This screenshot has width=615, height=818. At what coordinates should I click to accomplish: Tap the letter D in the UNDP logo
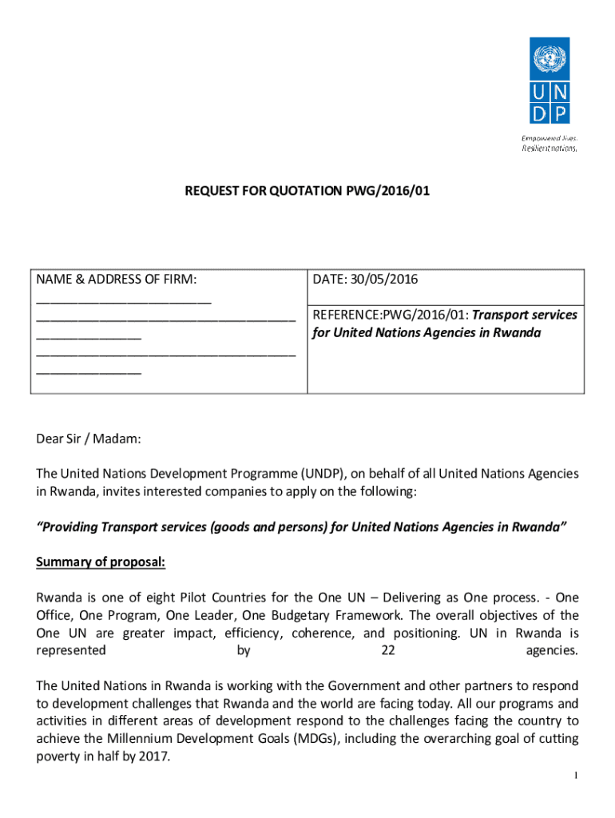point(540,113)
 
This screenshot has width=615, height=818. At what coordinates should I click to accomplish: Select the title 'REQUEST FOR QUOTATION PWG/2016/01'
point(307,192)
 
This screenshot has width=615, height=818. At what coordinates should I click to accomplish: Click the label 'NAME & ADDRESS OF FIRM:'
point(117,280)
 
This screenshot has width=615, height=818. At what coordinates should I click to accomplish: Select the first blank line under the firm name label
point(124,300)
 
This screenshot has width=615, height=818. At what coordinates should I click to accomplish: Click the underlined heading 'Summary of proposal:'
point(101,562)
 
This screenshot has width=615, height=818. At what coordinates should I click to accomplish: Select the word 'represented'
point(71,650)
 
